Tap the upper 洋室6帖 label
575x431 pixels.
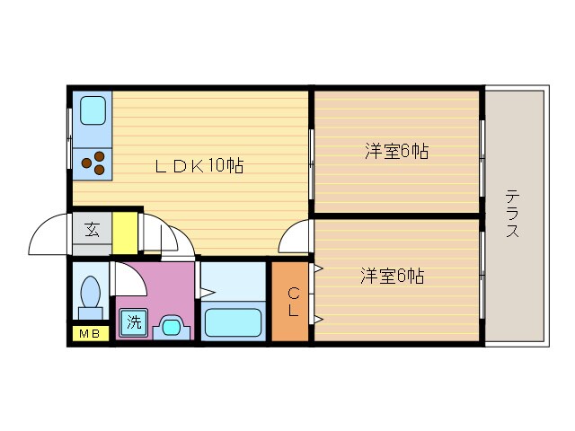[x=395, y=152]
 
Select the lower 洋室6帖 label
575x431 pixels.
[x=392, y=277]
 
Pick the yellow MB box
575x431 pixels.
[x=89, y=335]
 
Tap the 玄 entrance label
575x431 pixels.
[x=92, y=230]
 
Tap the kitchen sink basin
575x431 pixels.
[x=93, y=111]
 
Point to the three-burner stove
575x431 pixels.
[x=93, y=162]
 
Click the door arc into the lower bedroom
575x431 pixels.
[x=294, y=238]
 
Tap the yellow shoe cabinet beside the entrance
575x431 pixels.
[x=125, y=232]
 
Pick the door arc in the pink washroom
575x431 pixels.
[x=128, y=278]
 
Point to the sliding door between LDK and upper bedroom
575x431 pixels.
[x=311, y=163]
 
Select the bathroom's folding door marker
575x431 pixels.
[x=204, y=291]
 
